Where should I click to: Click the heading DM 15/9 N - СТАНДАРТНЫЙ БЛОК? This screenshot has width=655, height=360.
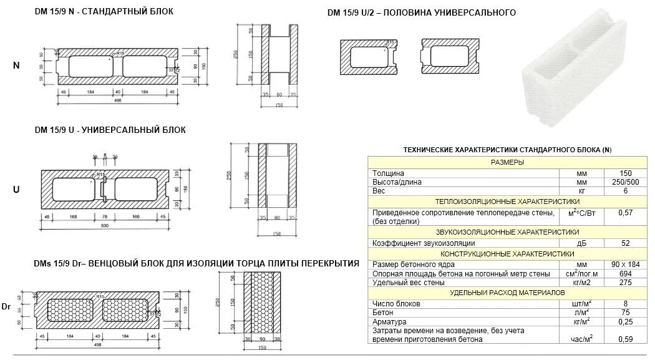[104, 11]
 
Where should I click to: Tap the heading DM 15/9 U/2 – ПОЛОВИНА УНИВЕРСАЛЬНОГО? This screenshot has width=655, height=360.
[421, 12]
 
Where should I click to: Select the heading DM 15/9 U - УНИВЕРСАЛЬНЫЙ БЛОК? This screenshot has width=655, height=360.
[110, 130]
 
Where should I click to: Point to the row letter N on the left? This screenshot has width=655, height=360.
[16, 66]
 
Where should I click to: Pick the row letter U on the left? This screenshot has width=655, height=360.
[16, 189]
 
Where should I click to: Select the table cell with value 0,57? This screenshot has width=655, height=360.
[624, 213]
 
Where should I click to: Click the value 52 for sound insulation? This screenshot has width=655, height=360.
[624, 243]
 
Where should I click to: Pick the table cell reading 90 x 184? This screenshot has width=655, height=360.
[624, 265]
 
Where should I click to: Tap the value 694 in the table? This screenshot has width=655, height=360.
[624, 274]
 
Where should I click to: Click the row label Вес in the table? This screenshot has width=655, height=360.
[379, 191]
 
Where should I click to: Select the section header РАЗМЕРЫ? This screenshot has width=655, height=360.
[507, 162]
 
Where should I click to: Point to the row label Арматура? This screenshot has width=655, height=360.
[390, 321]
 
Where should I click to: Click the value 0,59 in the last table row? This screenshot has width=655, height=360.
[624, 339]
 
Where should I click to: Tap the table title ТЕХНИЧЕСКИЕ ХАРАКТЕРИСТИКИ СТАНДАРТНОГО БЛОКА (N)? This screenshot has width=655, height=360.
[507, 150]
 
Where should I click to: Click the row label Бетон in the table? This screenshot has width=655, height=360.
[383, 312]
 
